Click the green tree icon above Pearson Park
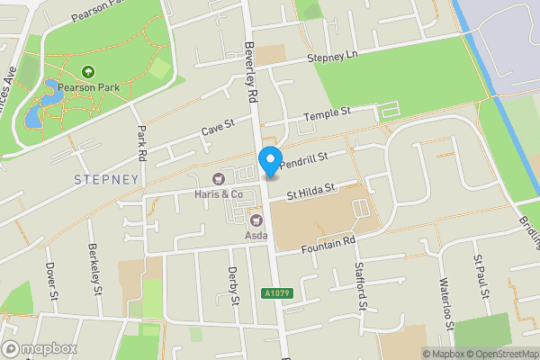(88, 71)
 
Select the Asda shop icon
(255, 220)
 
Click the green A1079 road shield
(277, 293)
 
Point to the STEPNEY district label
(107, 179)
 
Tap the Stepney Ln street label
(332, 57)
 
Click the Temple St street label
(325, 114)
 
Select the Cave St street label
(217, 130)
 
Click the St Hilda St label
(310, 191)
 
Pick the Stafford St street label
(362, 294)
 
